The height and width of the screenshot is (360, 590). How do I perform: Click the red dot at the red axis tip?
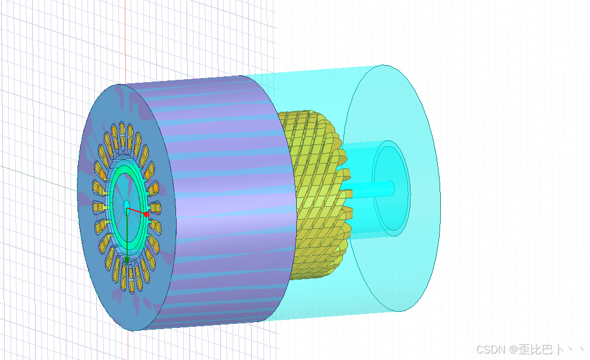point(146,214)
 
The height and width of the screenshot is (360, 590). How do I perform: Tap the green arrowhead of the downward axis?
point(127,260)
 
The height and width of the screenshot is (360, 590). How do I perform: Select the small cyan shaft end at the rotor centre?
point(127,208)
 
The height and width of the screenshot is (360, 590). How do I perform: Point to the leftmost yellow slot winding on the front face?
point(98,207)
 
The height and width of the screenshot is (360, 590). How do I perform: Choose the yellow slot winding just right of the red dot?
point(156,207)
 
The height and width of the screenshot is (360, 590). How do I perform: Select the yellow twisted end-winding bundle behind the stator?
point(320,195)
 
